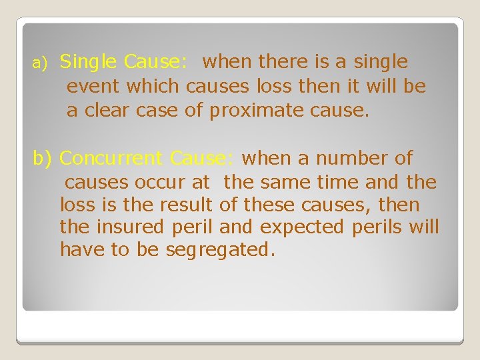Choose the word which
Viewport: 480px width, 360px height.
153,87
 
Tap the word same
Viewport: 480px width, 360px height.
285,182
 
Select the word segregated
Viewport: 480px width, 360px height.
219,250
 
